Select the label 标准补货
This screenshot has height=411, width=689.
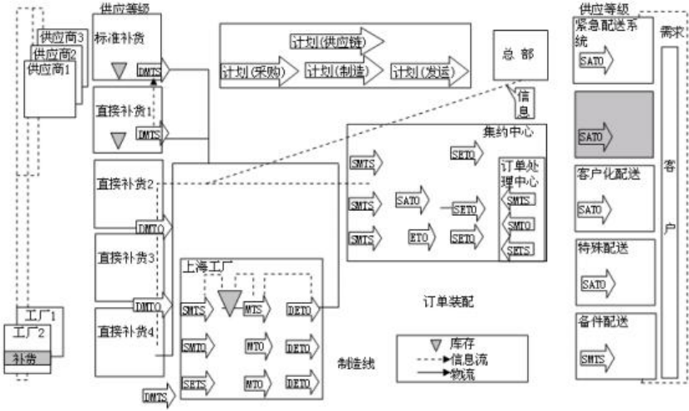tap(120, 37)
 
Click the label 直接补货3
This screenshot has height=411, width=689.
tap(126, 257)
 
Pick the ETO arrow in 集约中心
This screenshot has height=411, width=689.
tap(423, 237)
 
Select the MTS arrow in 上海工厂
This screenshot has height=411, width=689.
tap(256, 310)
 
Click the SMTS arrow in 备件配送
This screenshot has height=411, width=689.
tap(594, 359)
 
